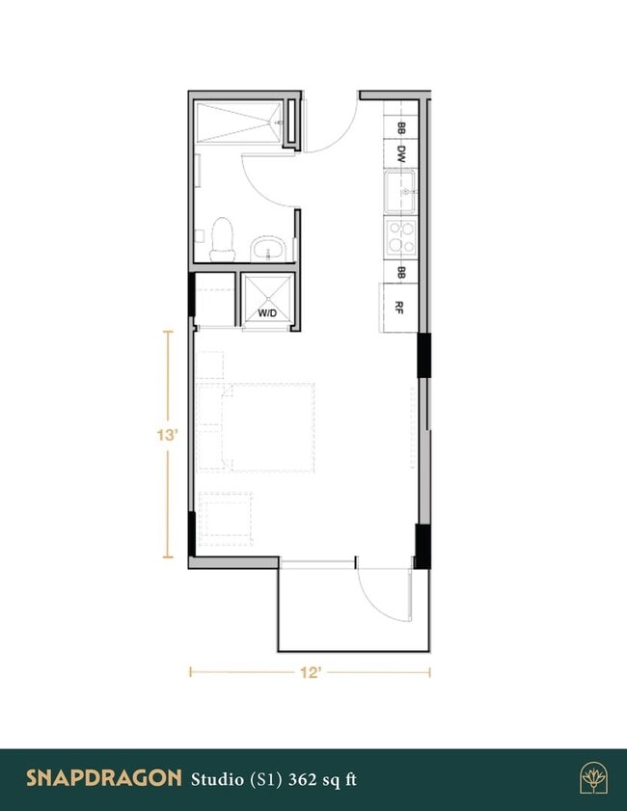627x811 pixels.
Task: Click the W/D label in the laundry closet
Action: pos(267,313)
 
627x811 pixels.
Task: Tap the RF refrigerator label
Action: pos(399,308)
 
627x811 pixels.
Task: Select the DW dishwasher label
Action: pos(399,152)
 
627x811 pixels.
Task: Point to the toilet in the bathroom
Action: pos(223,238)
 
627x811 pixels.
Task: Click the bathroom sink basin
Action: pos(268,251)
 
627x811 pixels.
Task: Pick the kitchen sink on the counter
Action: pos(400,189)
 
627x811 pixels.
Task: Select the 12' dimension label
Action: pos(310,673)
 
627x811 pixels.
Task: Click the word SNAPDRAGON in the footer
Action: pos(103,777)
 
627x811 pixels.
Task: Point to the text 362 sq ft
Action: pos(322,778)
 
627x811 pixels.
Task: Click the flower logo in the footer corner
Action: pos(592,777)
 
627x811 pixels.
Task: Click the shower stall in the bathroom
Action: pos(241,123)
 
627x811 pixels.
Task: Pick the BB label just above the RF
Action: pos(400,272)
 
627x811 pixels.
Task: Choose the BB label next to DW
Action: pos(399,126)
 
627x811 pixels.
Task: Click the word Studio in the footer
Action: pos(215,778)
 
